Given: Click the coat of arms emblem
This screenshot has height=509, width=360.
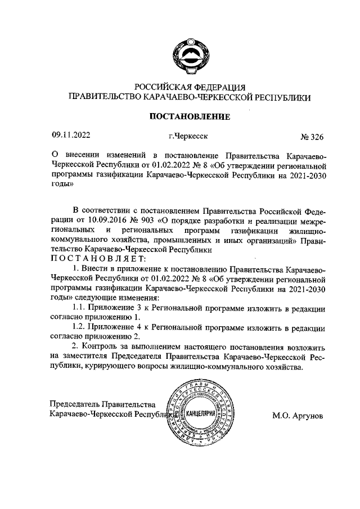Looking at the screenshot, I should tap(190, 55).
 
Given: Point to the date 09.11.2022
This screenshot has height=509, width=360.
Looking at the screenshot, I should tap(71, 135).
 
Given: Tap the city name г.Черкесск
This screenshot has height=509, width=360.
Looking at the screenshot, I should tap(188, 136).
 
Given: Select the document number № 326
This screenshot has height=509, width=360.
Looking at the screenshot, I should tap(313, 136).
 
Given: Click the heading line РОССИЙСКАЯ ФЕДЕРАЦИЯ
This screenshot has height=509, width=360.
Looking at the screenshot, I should tap(189, 87).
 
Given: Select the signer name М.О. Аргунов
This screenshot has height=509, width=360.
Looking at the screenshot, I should tap(298, 417).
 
